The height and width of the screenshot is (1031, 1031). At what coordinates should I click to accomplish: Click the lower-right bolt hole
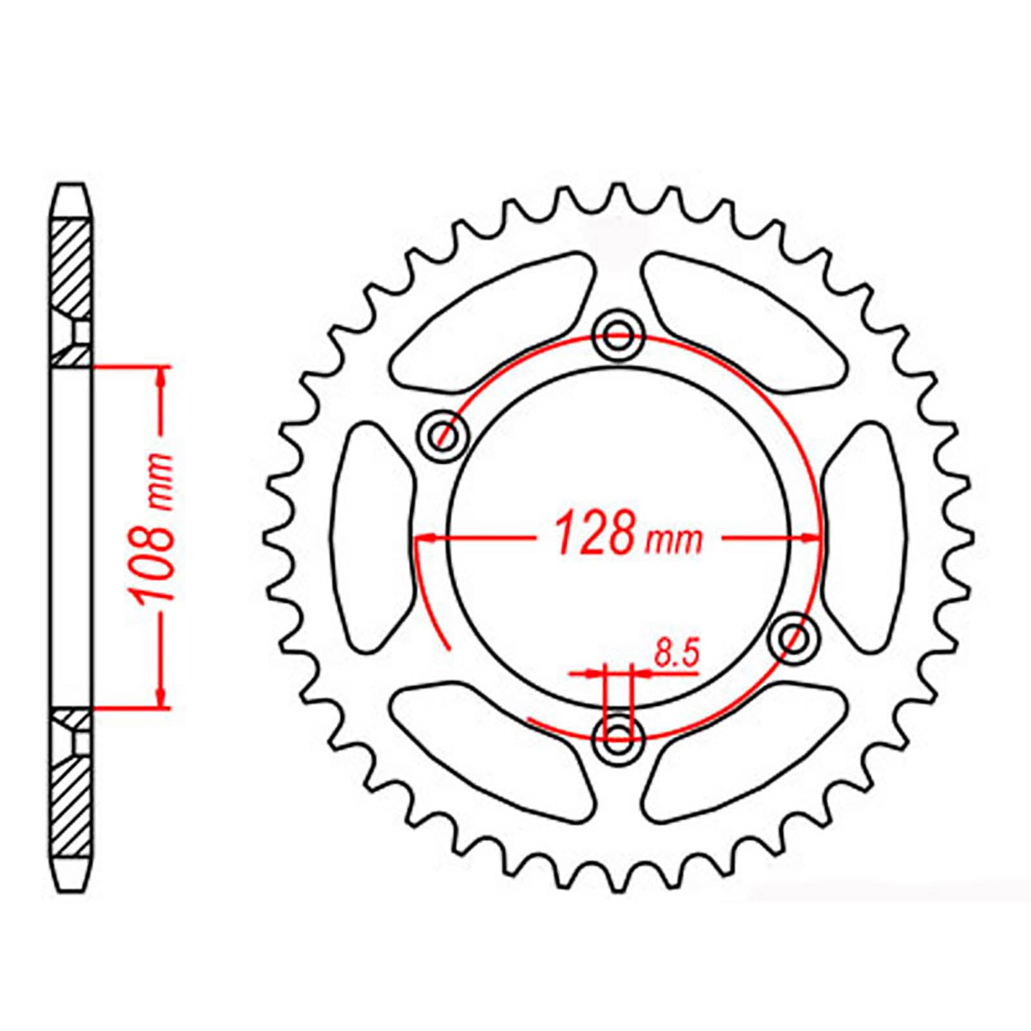coord(795,637)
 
